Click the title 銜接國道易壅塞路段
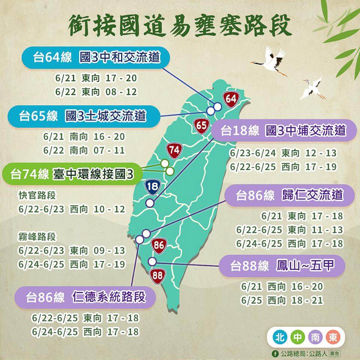coord(180,25)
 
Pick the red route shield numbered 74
coord(174,150)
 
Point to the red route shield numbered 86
coord(159,246)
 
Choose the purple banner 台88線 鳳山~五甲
coord(282,266)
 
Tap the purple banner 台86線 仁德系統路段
coord(85,298)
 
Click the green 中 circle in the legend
coord(298,337)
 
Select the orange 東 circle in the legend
coord(333,337)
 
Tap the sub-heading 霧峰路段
coord(37,237)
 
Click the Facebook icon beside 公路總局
coord(276,353)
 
